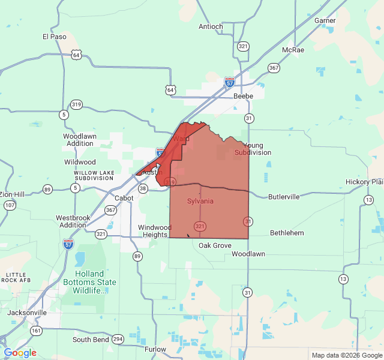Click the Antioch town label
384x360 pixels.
tap(211, 26)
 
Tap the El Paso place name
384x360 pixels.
tap(54, 37)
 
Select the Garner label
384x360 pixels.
tap(325, 20)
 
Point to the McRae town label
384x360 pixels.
tap(293, 50)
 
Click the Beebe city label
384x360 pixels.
tap(243, 96)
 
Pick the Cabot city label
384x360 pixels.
tap(124, 198)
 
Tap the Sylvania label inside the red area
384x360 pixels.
tap(200, 201)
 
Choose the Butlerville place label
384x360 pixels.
tap(284, 197)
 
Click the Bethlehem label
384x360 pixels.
tap(287, 233)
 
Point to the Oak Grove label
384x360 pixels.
tap(215, 245)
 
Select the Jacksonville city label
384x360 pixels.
tap(27, 313)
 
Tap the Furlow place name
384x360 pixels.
tap(155, 349)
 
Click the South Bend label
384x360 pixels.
tap(90, 340)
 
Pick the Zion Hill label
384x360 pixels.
tap(12, 194)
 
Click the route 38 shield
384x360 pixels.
tap(143, 188)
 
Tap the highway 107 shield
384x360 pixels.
tap(9, 205)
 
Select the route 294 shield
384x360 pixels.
tap(118, 339)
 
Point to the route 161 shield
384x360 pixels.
tap(37, 331)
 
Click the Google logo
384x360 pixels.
tap(20, 353)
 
